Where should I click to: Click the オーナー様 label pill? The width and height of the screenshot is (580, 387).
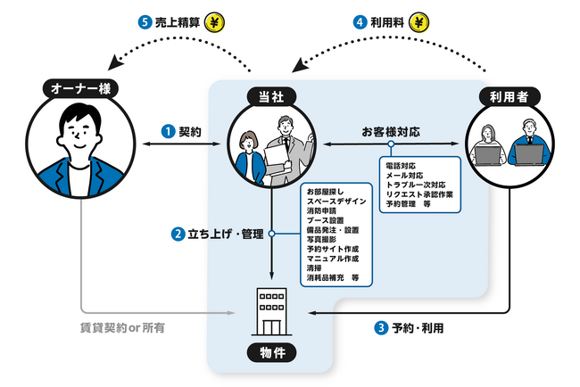(x=78, y=88)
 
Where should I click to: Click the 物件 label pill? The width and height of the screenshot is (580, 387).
(x=270, y=354)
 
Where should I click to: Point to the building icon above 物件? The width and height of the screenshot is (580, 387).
(x=270, y=306)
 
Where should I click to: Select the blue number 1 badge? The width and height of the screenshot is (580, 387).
(x=167, y=131)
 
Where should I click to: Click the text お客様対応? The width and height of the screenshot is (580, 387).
(x=390, y=131)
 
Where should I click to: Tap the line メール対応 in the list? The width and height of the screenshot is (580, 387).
(x=405, y=177)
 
